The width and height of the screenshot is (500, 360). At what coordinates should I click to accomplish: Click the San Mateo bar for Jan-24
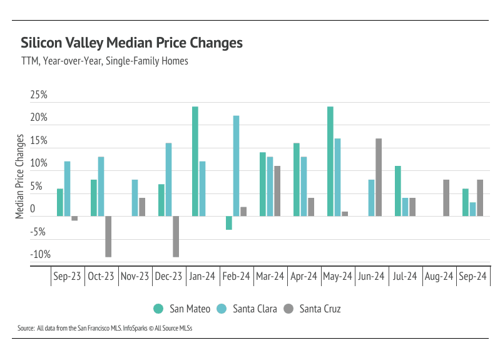(195, 161)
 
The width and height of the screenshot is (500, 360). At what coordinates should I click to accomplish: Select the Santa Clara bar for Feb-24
(236, 165)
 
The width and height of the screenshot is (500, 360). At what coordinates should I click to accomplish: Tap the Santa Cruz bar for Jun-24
(379, 177)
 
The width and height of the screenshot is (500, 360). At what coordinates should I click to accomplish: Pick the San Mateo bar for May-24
(330, 161)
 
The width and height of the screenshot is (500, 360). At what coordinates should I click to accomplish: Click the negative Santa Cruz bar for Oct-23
(108, 236)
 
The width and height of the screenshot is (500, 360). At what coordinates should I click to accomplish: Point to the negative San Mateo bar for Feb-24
(229, 223)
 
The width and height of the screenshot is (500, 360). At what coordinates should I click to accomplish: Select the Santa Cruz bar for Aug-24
(446, 198)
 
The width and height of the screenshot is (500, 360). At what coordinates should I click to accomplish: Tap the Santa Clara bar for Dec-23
(168, 179)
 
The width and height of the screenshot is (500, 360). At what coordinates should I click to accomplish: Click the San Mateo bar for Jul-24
(398, 191)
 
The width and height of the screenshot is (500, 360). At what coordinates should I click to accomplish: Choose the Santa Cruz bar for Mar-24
(277, 191)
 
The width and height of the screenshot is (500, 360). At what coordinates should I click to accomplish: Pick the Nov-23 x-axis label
(135, 276)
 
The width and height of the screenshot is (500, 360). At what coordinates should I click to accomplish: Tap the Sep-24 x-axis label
(474, 276)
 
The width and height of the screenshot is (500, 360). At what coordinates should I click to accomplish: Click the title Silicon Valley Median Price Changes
(131, 43)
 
